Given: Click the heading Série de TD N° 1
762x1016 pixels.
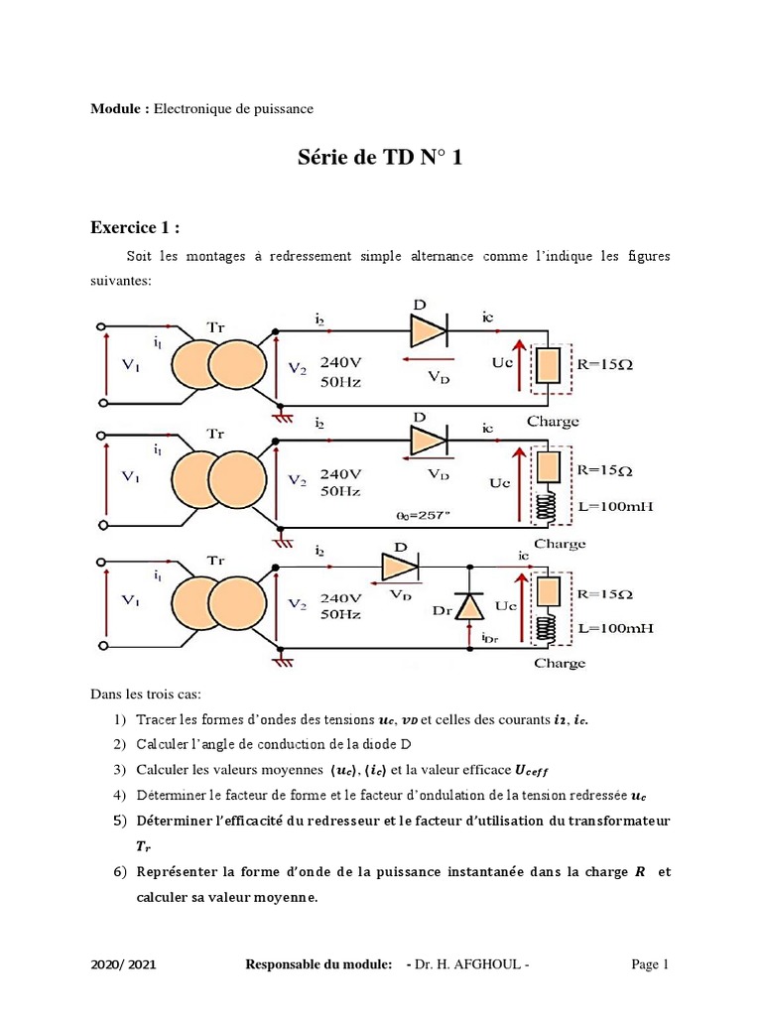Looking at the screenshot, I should pyautogui.click(x=381, y=158).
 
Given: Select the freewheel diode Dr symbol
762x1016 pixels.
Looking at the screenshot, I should pyautogui.click(x=468, y=604).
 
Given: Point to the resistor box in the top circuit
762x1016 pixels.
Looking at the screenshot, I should pyautogui.click(x=548, y=365).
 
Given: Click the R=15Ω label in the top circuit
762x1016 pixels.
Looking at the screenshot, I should pyautogui.click(x=604, y=363).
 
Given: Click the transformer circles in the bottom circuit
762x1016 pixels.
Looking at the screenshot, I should pyautogui.click(x=218, y=605).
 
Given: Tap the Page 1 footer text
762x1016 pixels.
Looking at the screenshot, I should pyautogui.click(x=651, y=963).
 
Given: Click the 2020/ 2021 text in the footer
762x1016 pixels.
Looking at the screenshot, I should pyautogui.click(x=122, y=964).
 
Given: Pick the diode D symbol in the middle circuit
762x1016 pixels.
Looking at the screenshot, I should pyautogui.click(x=428, y=437).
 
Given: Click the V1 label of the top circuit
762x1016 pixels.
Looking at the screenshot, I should pyautogui.click(x=130, y=365).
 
